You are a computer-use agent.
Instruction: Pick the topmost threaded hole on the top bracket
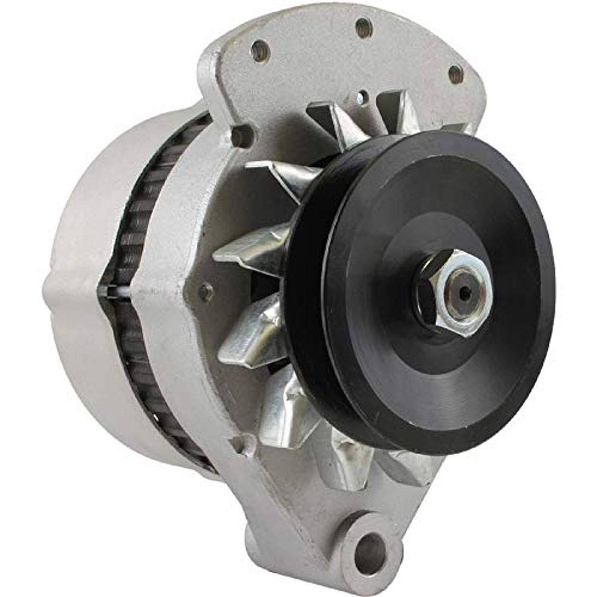364,23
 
